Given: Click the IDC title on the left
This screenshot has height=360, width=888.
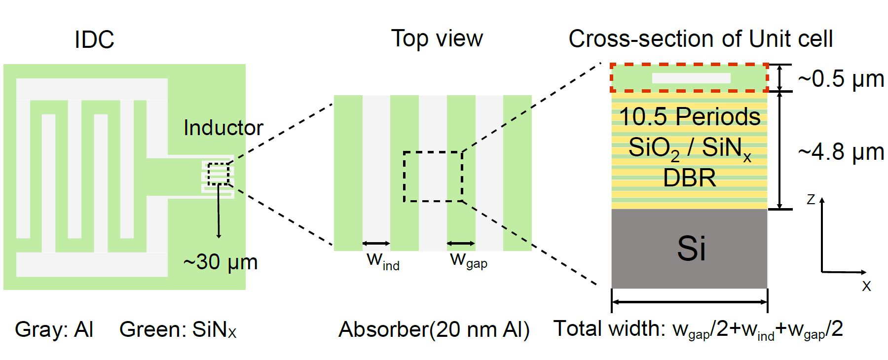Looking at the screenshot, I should pyautogui.click(x=94, y=39).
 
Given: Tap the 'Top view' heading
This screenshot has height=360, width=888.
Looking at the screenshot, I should pyautogui.click(x=437, y=38).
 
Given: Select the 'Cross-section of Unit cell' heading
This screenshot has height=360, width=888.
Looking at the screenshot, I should pyautogui.click(x=701, y=38).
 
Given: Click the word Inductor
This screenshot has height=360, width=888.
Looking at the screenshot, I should pyautogui.click(x=223, y=128).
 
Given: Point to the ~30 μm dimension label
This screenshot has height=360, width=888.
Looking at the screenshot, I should pyautogui.click(x=221, y=262).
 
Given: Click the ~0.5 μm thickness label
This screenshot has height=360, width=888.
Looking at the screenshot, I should pyautogui.click(x=841, y=78).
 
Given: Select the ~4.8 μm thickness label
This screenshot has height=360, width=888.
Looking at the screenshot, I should pyautogui.click(x=841, y=152).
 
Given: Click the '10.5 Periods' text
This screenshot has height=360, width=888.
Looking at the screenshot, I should pyautogui.click(x=689, y=117).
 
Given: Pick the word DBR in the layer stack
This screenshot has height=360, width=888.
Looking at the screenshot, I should pyautogui.click(x=689, y=178).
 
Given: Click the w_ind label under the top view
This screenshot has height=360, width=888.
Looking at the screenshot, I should pyautogui.click(x=383, y=260).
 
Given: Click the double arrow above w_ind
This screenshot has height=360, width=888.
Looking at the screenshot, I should pyautogui.click(x=376, y=243).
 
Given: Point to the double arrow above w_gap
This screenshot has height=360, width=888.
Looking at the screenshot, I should pyautogui.click(x=461, y=243).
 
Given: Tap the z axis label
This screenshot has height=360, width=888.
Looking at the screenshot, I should pyautogui.click(x=811, y=199).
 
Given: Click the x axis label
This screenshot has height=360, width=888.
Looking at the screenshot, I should pyautogui.click(x=866, y=286).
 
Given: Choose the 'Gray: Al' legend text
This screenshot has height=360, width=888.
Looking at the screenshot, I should pyautogui.click(x=54, y=329).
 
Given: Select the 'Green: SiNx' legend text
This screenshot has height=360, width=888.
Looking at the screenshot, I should pyautogui.click(x=178, y=329).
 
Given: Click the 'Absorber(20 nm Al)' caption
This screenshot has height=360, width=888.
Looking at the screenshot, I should pyautogui.click(x=434, y=329).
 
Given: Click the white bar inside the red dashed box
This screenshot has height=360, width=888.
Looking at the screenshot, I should pyautogui.click(x=691, y=78).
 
